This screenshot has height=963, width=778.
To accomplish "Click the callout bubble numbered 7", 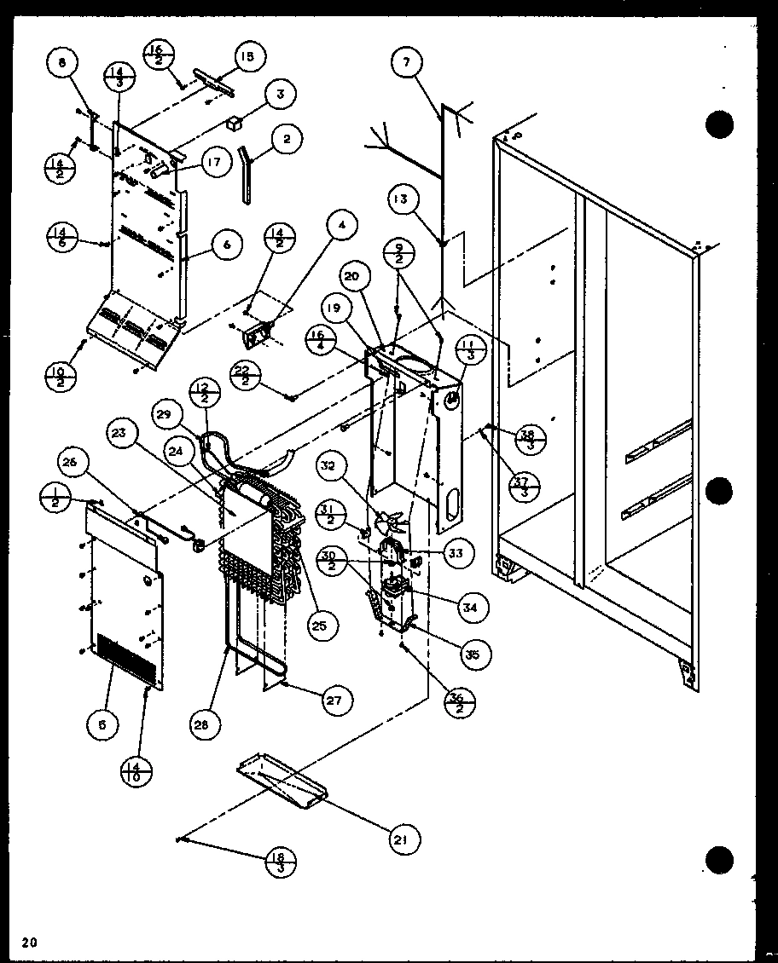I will click(407, 62).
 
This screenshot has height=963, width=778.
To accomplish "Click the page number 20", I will click(30, 942).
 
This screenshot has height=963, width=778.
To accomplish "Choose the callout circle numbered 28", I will click(205, 724).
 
